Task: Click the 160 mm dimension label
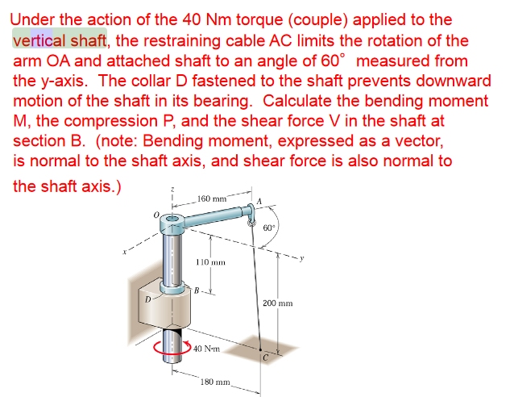[211, 198]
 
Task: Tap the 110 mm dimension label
[211, 262]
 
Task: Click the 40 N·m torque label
[208, 349]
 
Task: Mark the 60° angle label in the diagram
[269, 227]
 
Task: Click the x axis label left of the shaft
[124, 252]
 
